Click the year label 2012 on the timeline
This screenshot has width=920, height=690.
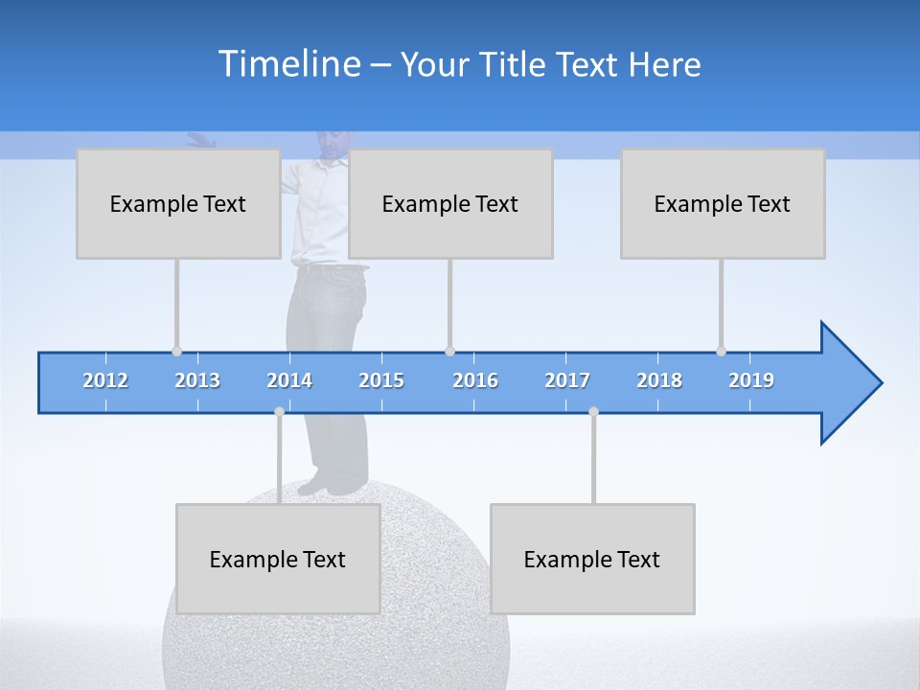click(105, 381)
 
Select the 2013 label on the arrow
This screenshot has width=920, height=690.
click(197, 381)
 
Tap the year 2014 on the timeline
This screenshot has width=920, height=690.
click(289, 381)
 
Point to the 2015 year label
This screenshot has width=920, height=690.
click(381, 381)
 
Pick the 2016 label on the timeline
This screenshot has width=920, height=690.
click(475, 381)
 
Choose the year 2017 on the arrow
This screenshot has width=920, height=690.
click(567, 381)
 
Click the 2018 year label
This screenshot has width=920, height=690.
click(659, 381)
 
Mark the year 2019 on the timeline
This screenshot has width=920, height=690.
click(751, 381)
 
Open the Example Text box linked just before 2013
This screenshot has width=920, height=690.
click(178, 204)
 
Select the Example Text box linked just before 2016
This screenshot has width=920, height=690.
click(450, 204)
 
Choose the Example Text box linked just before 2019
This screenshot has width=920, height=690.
click(723, 204)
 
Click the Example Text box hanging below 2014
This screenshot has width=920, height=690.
click(278, 560)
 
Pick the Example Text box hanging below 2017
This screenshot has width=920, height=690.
click(592, 560)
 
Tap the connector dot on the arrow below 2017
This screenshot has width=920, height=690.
click(593, 411)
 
